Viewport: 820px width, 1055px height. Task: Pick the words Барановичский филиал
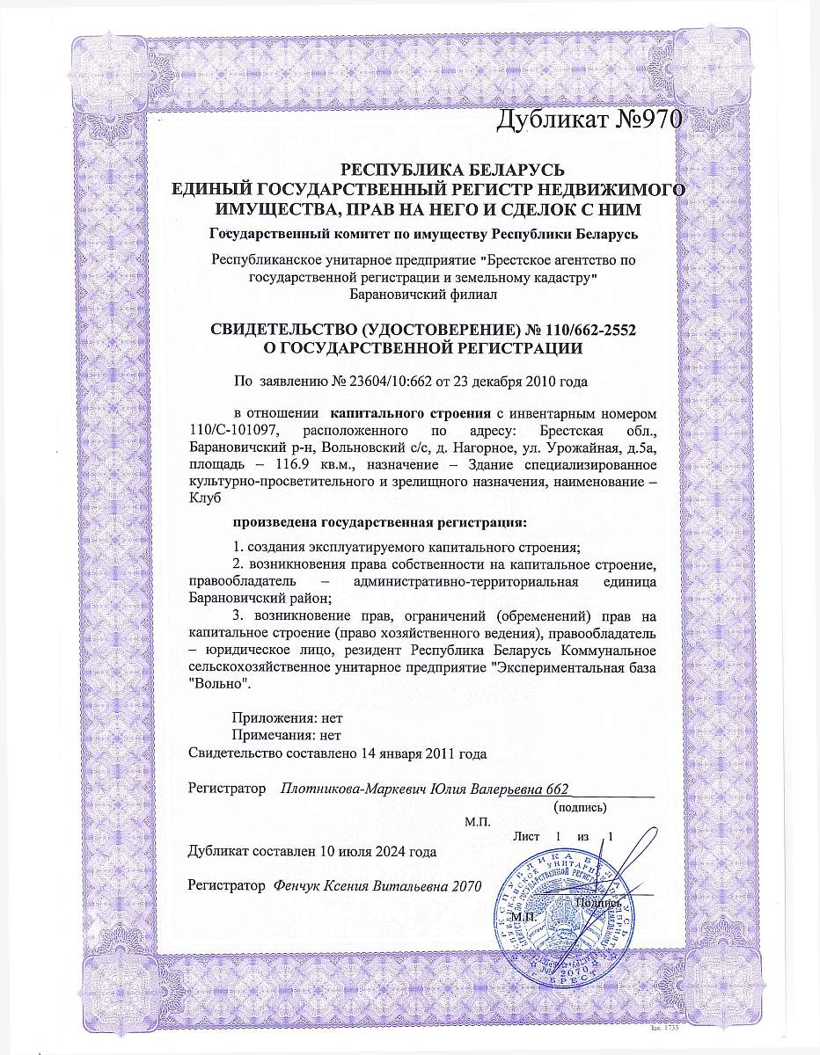(423, 294)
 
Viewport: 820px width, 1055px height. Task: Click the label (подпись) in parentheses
(579, 805)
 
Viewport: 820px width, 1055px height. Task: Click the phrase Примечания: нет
(285, 736)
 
